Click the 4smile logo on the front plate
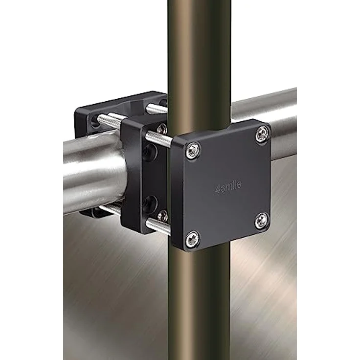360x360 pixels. pos(228,187)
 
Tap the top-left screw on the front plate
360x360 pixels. pos(192,150)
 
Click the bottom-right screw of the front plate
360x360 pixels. pos(262,220)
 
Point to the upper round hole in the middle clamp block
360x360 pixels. pos(150,153)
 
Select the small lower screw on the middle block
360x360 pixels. pos(163,216)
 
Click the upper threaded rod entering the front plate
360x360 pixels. pos(159,139)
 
